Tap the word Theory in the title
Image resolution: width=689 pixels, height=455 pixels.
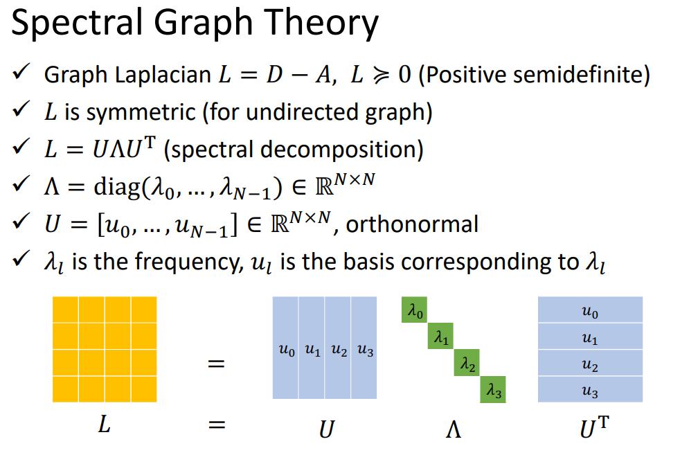(x=321, y=22)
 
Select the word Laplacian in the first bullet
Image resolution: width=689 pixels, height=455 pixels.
(x=163, y=75)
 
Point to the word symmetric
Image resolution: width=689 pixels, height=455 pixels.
(x=141, y=112)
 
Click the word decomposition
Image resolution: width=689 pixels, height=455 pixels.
(x=342, y=150)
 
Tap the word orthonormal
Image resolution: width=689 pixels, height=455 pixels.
(x=412, y=224)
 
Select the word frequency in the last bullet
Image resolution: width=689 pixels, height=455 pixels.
(x=189, y=262)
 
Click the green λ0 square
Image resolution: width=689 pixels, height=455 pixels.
(x=414, y=310)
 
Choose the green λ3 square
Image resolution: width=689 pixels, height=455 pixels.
(x=493, y=389)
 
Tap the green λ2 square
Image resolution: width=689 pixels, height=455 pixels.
(x=467, y=363)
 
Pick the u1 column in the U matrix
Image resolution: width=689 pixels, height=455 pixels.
(x=312, y=348)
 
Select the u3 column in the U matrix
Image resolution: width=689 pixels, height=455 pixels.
(x=364, y=348)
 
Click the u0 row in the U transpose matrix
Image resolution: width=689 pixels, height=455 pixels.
(x=590, y=310)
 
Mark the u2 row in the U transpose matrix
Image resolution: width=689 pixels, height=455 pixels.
(x=590, y=363)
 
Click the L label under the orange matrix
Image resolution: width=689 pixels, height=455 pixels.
(x=104, y=425)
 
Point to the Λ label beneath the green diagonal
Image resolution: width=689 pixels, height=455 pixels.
(x=454, y=429)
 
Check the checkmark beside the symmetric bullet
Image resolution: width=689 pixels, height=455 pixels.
(x=21, y=109)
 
